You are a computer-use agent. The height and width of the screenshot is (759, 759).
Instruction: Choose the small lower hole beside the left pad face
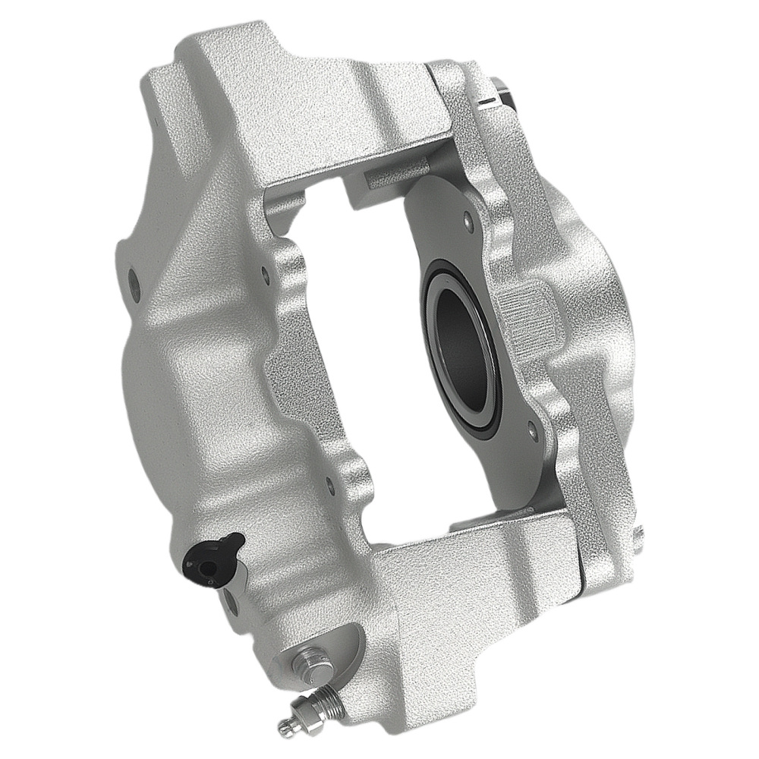point(328,480)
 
